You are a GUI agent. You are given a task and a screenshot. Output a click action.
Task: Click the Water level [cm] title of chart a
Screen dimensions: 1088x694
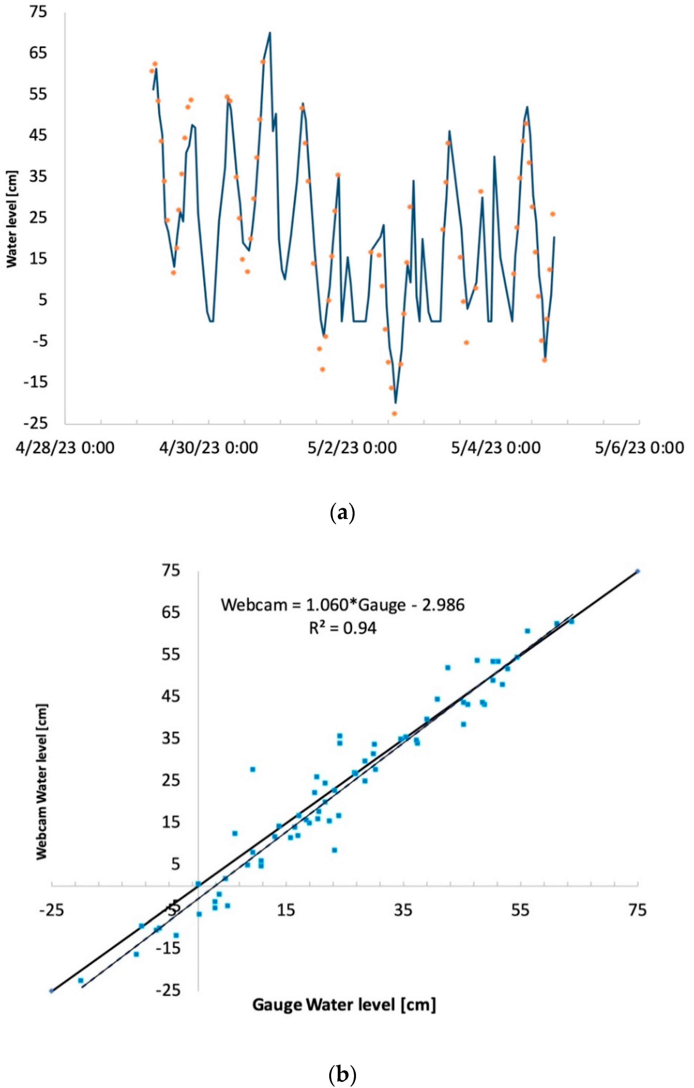[12, 219]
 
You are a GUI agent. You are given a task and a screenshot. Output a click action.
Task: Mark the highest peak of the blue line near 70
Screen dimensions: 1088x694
[270, 33]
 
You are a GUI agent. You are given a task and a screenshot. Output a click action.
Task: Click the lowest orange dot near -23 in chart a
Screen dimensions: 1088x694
[394, 413]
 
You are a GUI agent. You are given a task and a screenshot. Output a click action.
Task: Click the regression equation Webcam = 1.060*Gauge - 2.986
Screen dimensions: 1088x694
[343, 605]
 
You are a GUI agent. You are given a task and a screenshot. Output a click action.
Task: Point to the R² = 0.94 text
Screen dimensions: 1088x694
[343, 628]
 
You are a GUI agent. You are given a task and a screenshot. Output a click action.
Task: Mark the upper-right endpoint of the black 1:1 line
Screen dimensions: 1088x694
[637, 571]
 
